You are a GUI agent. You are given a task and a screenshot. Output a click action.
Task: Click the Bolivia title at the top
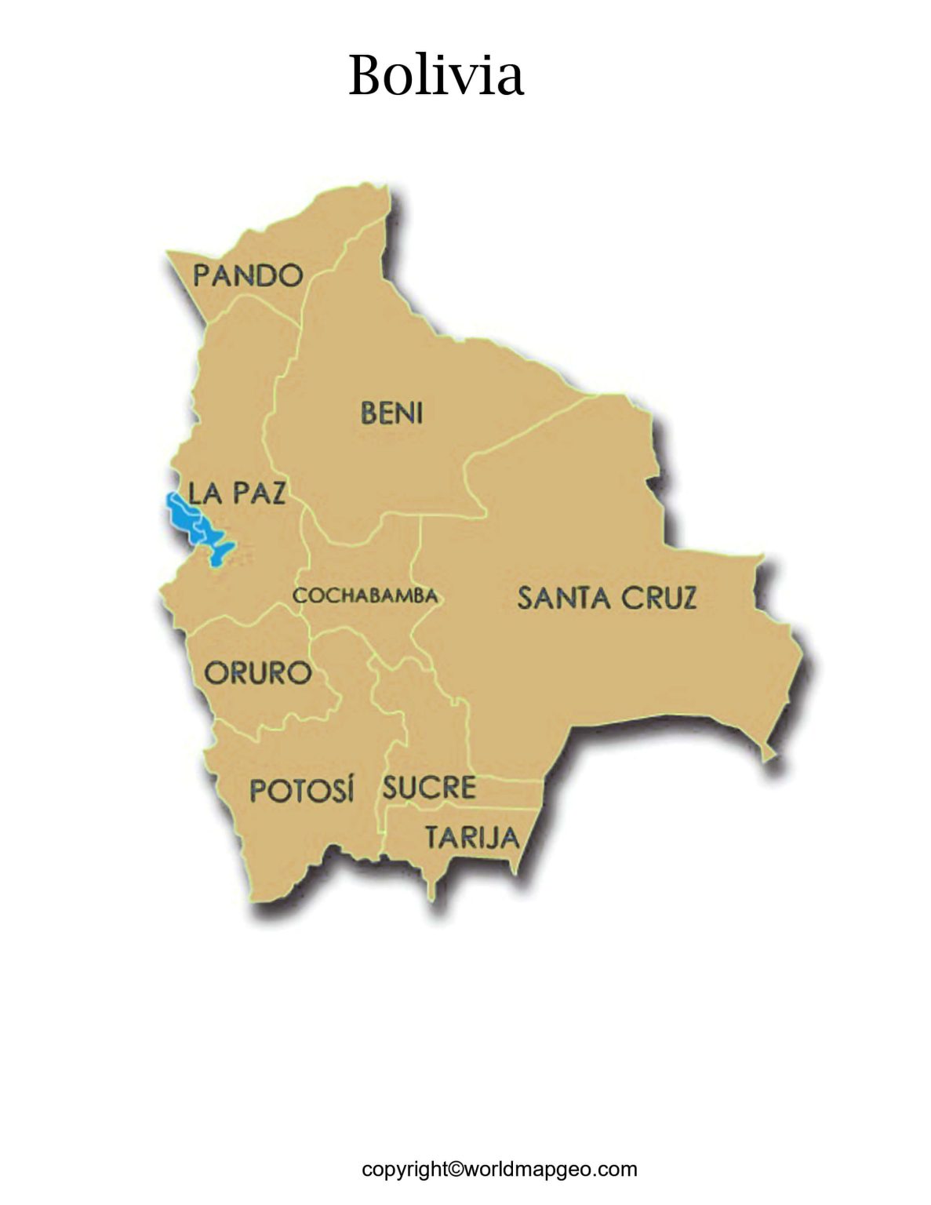[x=435, y=76]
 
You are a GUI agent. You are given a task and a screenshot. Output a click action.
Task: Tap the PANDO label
[x=248, y=275]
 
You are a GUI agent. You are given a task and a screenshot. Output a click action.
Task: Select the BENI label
[x=391, y=413]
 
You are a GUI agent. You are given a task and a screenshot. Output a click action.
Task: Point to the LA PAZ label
[x=237, y=493]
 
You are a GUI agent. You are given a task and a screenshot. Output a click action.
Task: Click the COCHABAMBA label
[x=365, y=596]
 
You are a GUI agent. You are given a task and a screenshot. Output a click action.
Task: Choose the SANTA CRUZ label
[x=606, y=599]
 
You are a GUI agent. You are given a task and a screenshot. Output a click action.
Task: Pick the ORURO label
[x=257, y=673]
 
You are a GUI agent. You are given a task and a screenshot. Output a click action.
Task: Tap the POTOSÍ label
[x=302, y=790]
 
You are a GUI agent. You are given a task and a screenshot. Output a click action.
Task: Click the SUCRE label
[x=429, y=788]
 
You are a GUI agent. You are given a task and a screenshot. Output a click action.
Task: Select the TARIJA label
[x=472, y=839]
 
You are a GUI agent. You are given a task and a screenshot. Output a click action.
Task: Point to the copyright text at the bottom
[x=499, y=1170]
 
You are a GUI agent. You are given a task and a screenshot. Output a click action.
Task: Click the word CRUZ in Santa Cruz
[x=659, y=599]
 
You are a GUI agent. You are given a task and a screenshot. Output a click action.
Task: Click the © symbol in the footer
[x=456, y=1170]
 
